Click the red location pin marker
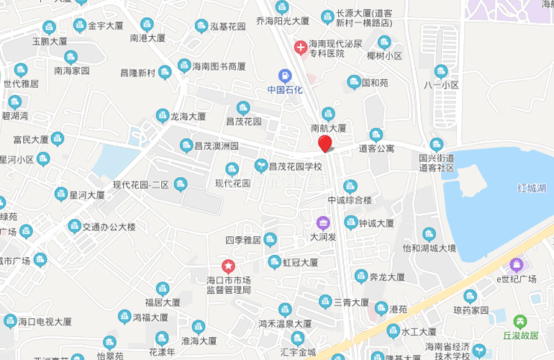coord(325,143)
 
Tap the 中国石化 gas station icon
coord(285,75)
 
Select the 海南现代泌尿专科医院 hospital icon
coord(300,48)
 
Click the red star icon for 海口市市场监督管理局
coord(228,266)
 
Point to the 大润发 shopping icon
coord(323,222)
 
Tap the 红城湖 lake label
coord(533,188)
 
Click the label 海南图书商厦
coord(219,66)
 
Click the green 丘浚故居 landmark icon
coord(520,321)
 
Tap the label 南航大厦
coord(329,128)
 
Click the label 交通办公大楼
coord(109,227)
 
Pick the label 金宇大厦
coord(106,26)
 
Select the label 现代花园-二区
coord(140,185)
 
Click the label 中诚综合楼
coord(350,200)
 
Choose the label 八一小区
coord(441,85)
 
